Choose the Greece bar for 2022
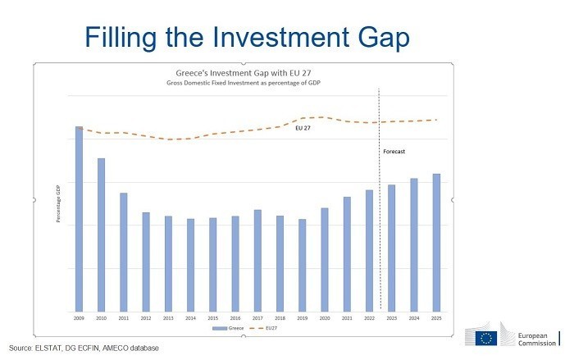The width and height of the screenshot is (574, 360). tap(369, 250)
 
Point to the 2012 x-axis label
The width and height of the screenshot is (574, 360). tap(146, 317)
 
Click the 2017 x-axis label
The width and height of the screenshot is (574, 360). tap(257, 317)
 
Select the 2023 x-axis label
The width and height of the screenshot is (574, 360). tap(391, 317)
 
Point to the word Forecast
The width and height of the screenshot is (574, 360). tap(394, 152)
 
